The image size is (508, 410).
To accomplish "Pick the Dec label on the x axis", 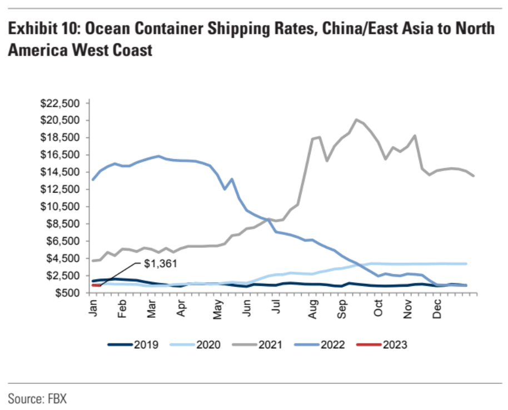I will pos(437,308).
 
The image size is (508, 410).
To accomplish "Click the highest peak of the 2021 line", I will pos(356,119).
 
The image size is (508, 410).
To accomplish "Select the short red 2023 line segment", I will pos(96,286).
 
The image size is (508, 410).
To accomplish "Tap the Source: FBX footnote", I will pos(37,398).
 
